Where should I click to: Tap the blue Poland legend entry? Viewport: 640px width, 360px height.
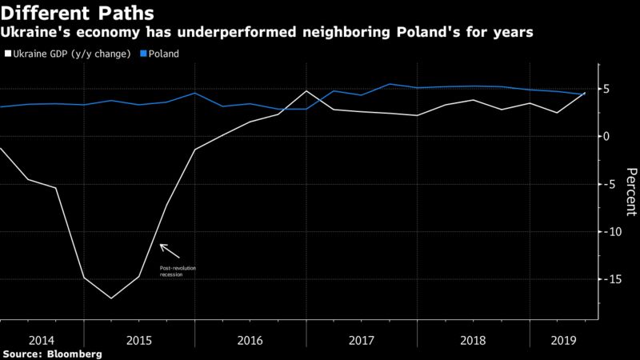160,54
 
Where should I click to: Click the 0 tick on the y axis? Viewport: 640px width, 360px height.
607,136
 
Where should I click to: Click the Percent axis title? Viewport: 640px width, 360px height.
630,191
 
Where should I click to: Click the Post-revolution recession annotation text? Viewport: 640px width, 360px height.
177,270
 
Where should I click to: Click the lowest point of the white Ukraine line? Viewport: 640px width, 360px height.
111,298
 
